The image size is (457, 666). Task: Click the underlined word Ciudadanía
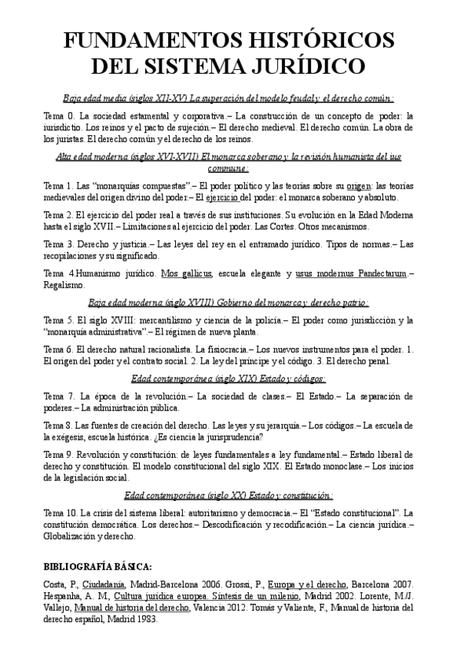(x=110, y=585)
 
